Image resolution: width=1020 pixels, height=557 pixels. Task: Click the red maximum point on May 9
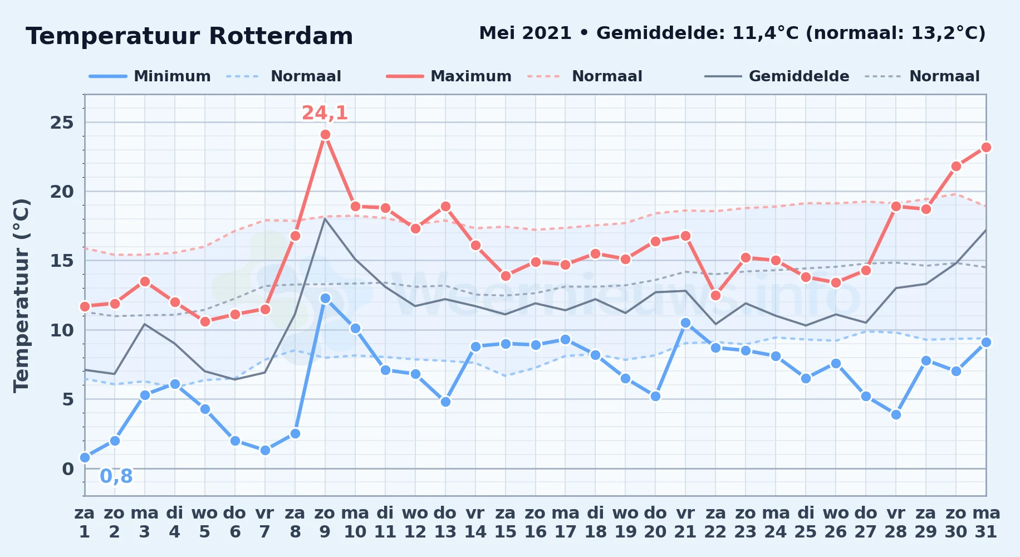(325, 135)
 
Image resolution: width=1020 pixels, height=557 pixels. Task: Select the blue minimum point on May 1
(85, 457)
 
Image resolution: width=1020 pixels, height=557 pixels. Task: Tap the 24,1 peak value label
(325, 113)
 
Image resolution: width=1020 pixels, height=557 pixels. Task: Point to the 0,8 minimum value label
(116, 476)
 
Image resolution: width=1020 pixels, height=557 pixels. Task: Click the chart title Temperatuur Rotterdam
(189, 36)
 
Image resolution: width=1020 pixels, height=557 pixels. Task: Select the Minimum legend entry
(150, 76)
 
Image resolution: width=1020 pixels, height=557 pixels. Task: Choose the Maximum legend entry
(449, 76)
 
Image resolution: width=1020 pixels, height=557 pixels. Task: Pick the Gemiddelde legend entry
(777, 76)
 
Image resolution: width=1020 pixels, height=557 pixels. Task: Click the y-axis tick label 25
(62, 123)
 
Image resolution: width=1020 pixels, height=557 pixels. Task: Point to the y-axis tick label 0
(68, 469)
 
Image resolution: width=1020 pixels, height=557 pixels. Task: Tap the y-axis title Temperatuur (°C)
(21, 295)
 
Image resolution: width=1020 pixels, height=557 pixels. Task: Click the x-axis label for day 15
(506, 522)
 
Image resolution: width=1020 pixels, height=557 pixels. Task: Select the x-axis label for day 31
(986, 522)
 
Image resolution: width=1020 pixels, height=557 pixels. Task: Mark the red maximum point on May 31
(986, 147)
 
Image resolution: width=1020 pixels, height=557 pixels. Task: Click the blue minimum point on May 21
(685, 323)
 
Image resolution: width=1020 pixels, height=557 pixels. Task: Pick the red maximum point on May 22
(715, 295)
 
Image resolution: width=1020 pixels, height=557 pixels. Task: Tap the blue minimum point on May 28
(896, 414)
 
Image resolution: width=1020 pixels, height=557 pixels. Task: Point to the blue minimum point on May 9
(325, 299)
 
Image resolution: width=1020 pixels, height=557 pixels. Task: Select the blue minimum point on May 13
(445, 402)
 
